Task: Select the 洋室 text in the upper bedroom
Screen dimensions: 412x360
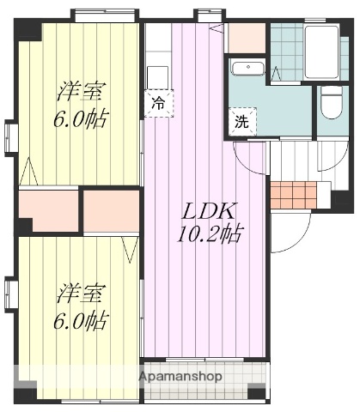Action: (x=82, y=90)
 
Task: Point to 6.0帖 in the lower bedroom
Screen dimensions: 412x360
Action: (x=82, y=320)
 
